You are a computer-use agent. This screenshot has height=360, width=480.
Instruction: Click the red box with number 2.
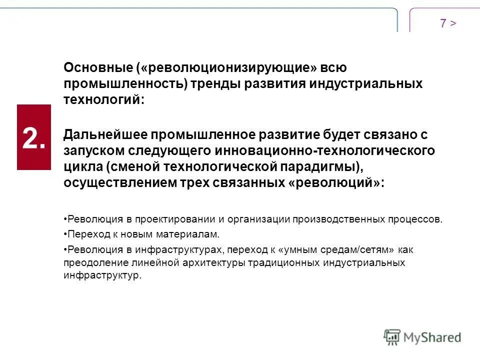click(x=34, y=137)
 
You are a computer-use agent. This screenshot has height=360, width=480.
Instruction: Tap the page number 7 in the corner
click(x=443, y=23)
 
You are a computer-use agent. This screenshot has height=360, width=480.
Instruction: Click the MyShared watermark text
click(x=432, y=337)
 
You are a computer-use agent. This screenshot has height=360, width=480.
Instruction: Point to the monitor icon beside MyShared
click(x=392, y=337)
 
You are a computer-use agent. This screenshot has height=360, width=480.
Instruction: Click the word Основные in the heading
click(x=97, y=67)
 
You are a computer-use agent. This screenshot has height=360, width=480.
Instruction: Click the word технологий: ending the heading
click(x=104, y=99)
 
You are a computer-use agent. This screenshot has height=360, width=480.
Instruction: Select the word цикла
click(x=79, y=166)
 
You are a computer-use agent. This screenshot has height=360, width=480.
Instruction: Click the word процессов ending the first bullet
click(x=419, y=219)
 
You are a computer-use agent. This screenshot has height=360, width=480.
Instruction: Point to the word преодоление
click(x=90, y=262)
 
